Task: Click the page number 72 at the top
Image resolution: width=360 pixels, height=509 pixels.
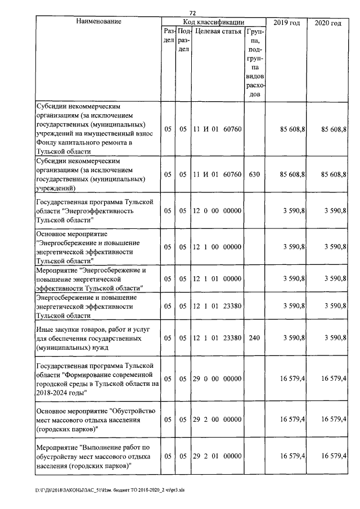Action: (x=192, y=13)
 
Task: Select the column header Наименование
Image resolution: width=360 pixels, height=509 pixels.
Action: (x=99, y=22)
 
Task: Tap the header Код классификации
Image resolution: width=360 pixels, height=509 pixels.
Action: (x=213, y=22)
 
